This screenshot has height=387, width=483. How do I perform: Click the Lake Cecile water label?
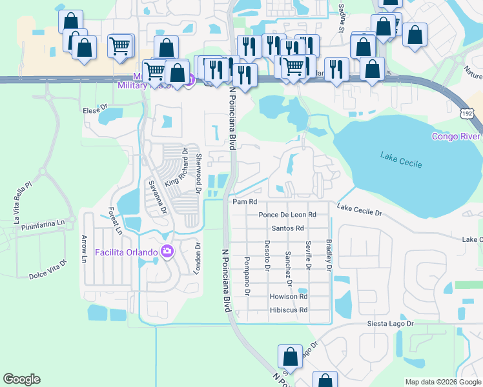(401, 159)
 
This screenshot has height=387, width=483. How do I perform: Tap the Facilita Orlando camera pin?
(168, 251)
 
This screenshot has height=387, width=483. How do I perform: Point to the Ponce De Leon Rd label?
(287, 215)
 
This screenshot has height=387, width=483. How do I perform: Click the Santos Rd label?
(287, 228)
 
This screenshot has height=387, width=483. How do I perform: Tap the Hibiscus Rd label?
(289, 310)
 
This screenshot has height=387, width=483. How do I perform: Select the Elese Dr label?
(94, 110)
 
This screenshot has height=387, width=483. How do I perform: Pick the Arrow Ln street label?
(83, 250)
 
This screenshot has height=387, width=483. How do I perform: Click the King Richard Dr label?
(175, 168)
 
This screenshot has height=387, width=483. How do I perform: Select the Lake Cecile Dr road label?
(360, 209)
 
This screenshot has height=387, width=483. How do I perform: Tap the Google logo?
(21, 379)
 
